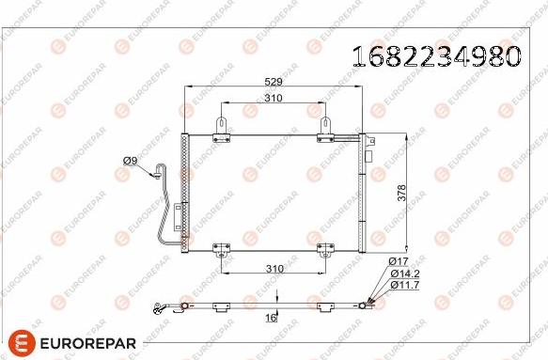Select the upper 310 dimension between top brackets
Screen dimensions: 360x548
(x=274, y=98)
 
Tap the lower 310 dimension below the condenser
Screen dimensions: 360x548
(x=274, y=269)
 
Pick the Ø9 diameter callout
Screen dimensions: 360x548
(x=131, y=160)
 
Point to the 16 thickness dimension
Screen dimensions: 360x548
(x=271, y=319)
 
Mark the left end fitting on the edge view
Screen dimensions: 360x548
(x=163, y=305)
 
